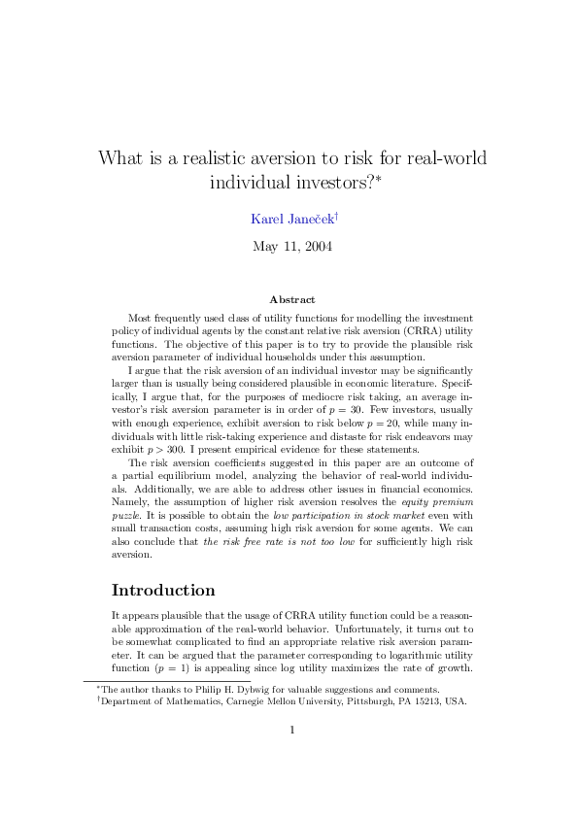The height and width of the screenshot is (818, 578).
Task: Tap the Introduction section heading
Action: (x=163, y=590)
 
